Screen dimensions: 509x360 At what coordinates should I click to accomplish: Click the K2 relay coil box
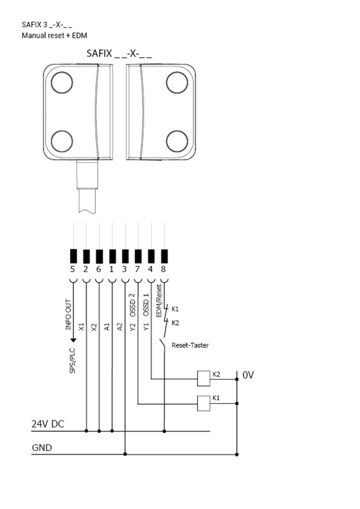pyautogui.click(x=203, y=378)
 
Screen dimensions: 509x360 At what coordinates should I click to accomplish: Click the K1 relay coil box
pyautogui.click(x=203, y=403)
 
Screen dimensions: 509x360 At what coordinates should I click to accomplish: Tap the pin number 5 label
pyautogui.click(x=73, y=269)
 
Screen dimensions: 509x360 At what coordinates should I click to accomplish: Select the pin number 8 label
pyautogui.click(x=163, y=269)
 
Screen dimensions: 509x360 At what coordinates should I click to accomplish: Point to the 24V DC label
pyautogui.click(x=48, y=424)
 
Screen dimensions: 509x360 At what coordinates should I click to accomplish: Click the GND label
pyautogui.click(x=42, y=448)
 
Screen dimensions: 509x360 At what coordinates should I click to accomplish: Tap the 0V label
pyautogui.click(x=248, y=375)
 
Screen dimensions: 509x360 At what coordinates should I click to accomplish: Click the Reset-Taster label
pyautogui.click(x=190, y=345)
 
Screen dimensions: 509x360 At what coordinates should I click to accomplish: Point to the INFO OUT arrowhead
pyautogui.click(x=73, y=340)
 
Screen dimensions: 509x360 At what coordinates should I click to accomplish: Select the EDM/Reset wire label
pyautogui.click(x=159, y=301)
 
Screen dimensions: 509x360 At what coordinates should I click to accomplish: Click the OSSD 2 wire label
pyautogui.click(x=132, y=305)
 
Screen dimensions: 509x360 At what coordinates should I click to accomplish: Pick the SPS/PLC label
pyautogui.click(x=72, y=361)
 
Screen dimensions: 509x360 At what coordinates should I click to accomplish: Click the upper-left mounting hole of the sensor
pyautogui.click(x=62, y=82)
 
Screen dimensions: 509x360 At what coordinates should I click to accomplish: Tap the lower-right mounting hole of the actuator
pyautogui.click(x=177, y=141)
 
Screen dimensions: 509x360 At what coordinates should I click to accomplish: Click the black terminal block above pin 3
pyautogui.click(x=125, y=256)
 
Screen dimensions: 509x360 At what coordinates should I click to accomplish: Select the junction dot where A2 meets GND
pyautogui.click(x=125, y=454)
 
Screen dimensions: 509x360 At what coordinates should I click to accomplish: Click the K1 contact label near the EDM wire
pyautogui.click(x=175, y=309)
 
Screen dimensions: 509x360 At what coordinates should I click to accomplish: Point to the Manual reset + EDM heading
pyautogui.click(x=54, y=36)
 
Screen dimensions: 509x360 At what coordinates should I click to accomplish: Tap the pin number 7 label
pyautogui.click(x=138, y=269)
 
